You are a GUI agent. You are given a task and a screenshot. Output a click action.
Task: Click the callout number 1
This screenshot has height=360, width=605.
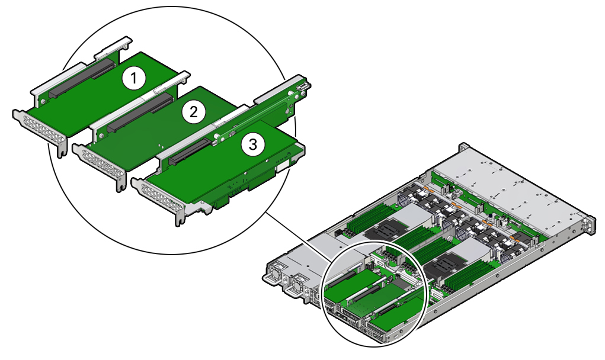tap(134, 79)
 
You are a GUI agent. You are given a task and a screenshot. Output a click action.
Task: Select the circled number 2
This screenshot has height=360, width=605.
tap(193, 112)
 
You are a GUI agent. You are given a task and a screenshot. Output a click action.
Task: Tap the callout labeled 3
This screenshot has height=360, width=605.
tap(253, 145)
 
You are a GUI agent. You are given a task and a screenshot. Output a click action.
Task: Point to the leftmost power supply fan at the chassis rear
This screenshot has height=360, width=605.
tap(277, 272)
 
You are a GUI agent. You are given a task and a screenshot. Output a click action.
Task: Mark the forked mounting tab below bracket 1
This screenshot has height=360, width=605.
tap(62, 150)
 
